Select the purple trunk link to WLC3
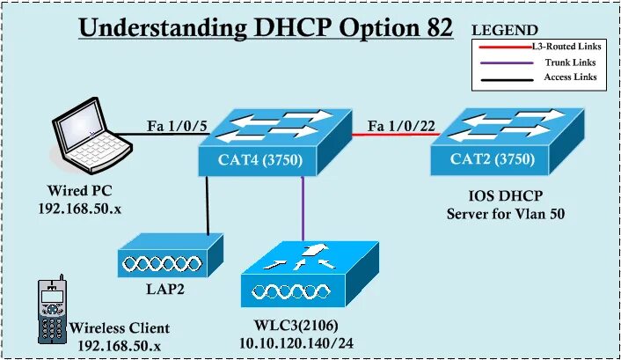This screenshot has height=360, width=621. point(302,208)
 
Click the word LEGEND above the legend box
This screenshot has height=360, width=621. point(506,30)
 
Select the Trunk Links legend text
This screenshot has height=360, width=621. point(575,62)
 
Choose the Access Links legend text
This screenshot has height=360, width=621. point(574,77)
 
